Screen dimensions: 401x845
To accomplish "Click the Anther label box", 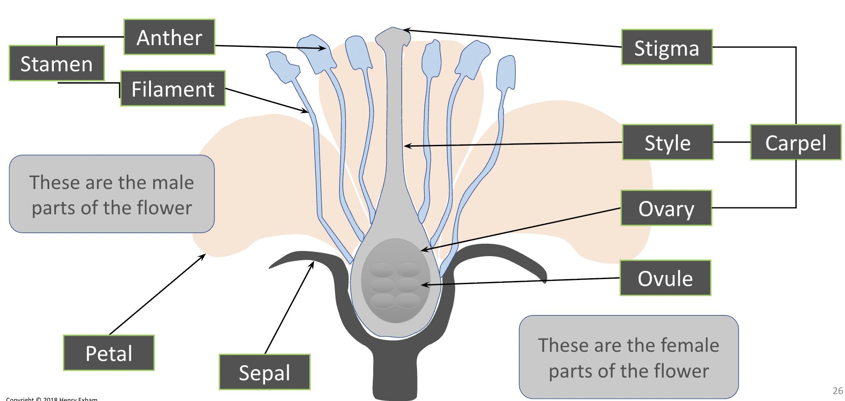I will (169, 37).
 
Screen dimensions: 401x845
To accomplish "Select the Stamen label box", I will (57, 63).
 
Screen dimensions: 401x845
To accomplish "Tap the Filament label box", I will (173, 89).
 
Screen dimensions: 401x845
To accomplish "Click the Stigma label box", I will (666, 48).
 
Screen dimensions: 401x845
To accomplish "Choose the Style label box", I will (667, 143).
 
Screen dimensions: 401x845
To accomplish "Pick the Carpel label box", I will (795, 143).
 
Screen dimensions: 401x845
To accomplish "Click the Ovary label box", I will (666, 208).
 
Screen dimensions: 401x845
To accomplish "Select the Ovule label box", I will (665, 278).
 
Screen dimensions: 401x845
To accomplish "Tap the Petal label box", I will (109, 353).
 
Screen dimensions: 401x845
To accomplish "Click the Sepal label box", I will (264, 372).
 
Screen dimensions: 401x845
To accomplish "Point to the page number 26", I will (838, 391).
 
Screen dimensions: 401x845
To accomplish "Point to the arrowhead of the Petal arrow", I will (204, 255).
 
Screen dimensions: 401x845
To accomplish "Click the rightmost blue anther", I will (506, 74).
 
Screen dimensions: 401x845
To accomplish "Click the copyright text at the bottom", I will (52, 399).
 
